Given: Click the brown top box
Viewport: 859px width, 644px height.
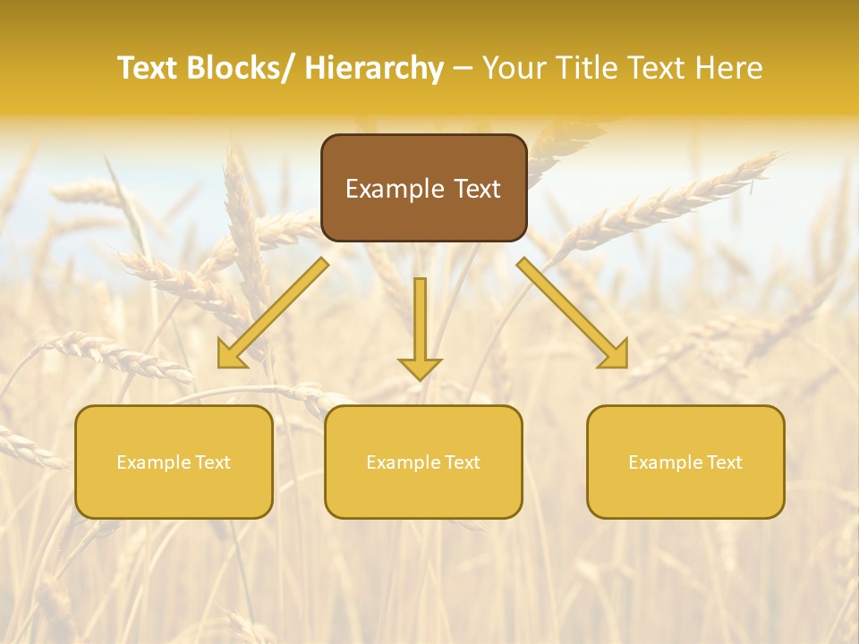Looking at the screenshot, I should coord(423,188).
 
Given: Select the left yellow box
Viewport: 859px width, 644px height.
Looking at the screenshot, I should coord(174,462).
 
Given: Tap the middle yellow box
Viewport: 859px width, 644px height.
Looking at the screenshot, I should coord(423,462).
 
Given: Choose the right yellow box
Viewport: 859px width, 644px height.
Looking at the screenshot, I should coord(685,462).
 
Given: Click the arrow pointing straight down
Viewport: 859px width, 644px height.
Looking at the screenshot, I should coord(420,327).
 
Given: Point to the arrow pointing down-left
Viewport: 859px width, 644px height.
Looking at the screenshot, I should coord(273,313).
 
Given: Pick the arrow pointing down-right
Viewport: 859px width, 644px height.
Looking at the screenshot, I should coord(573,313).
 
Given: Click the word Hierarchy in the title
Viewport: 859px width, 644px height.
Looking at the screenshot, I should coord(373,68).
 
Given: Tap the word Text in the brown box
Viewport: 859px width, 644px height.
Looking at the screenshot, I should coord(477,189).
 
